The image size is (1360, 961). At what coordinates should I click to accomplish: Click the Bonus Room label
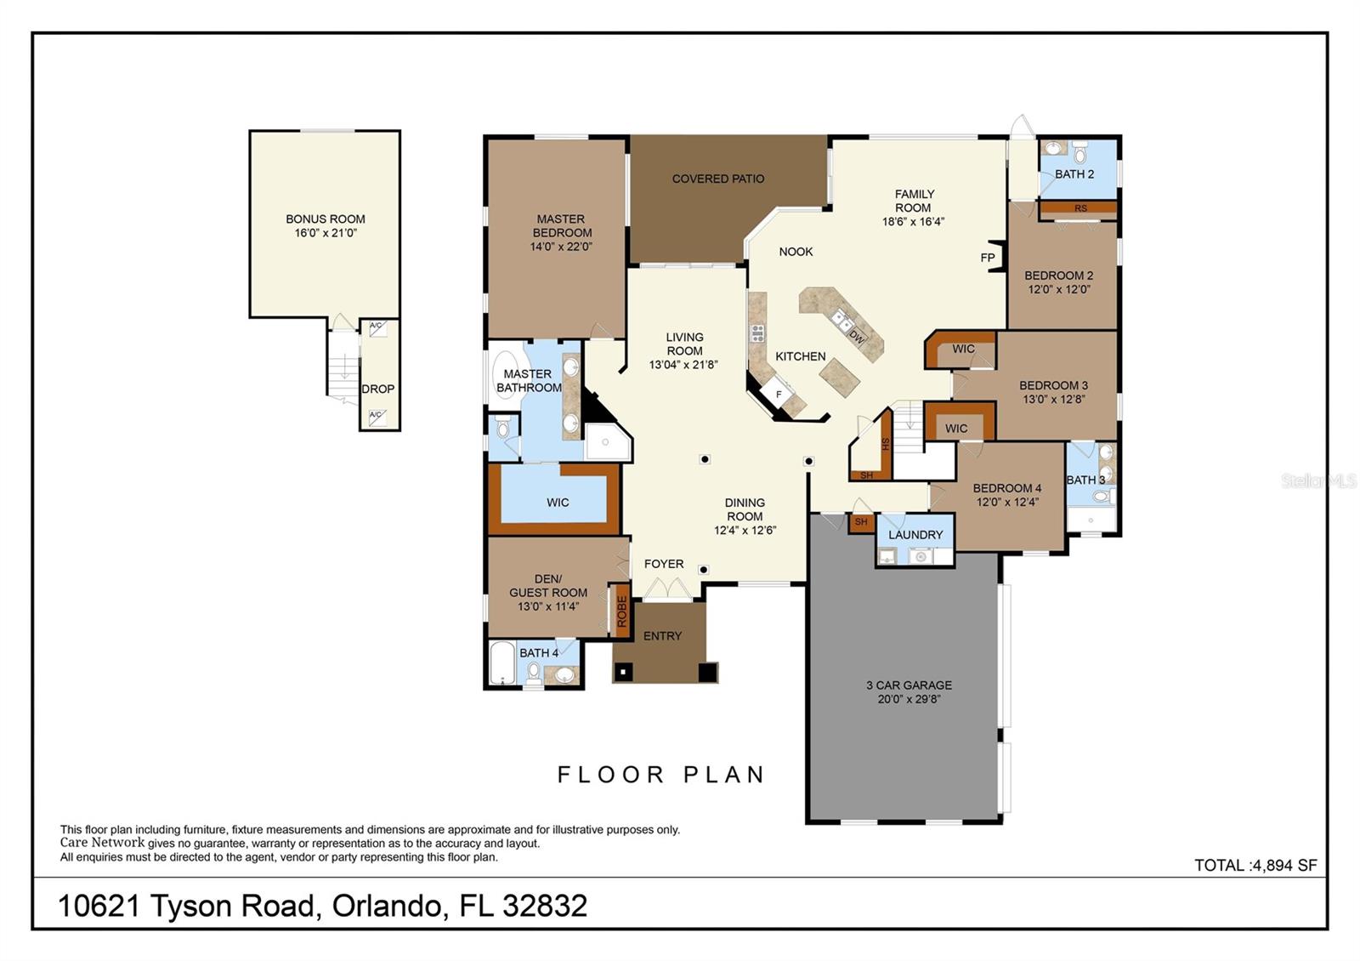coord(326,219)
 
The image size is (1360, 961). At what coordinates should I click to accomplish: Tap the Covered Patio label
coord(717,179)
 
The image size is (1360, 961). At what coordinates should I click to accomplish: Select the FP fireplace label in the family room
coord(988,258)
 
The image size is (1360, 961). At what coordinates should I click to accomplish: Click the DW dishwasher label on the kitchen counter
coord(856,337)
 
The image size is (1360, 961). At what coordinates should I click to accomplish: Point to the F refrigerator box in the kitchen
coord(779,394)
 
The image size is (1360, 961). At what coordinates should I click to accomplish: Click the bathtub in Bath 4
coord(501,662)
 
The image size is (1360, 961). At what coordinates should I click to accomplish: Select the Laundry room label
coord(915,535)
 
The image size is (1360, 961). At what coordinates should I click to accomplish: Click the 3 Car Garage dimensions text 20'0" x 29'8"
coord(909,699)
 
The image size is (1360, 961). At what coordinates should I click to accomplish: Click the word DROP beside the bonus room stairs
coord(377,389)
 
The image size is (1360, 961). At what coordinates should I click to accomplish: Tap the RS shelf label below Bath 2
coord(1080,208)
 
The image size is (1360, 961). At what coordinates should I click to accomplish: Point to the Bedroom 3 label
coord(1053,385)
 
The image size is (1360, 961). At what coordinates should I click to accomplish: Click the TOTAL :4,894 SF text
coord(1255,865)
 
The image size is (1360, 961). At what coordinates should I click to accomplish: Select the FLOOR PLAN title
coord(661,775)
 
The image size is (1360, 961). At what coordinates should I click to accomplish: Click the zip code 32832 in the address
coord(545,906)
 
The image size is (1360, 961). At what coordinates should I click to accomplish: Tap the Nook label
coord(796,252)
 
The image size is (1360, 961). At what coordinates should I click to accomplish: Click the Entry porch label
coord(662,636)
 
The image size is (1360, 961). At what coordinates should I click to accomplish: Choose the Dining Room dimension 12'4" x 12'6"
coord(745,531)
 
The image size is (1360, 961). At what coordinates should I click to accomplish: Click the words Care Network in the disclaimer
coord(102,843)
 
